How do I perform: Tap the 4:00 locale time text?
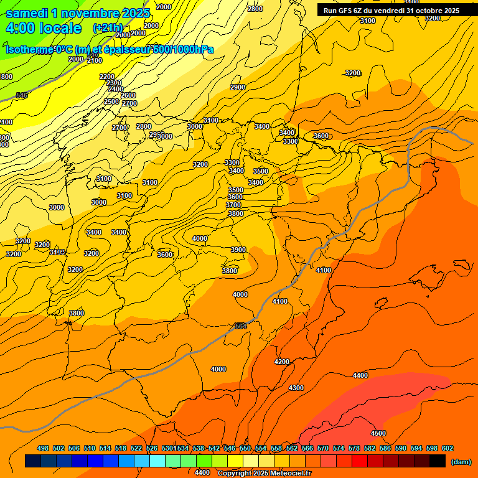pos(44,28)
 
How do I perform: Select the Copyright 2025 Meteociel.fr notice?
pos(264,474)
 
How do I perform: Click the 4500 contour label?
pos(378,433)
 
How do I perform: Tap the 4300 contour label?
pos(296,388)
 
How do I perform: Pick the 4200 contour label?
pos(282,362)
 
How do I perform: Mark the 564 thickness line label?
pos(241,326)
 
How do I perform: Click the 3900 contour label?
pos(238,250)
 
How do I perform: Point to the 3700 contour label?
pos(233,205)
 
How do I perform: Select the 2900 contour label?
pos(238,87)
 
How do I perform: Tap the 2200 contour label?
pos(107,77)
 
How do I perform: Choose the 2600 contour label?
pos(128,95)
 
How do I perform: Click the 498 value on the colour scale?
pos(43,448)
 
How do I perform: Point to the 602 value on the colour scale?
pos(448,448)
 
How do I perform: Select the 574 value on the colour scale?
pos(339,448)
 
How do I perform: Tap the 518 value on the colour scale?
pos(121,448)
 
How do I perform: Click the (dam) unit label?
pos(461,462)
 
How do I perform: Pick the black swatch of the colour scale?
pos(438,461)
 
